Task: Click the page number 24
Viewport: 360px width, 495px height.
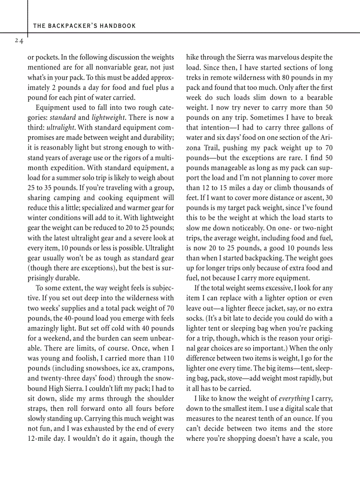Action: [x=19, y=41]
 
